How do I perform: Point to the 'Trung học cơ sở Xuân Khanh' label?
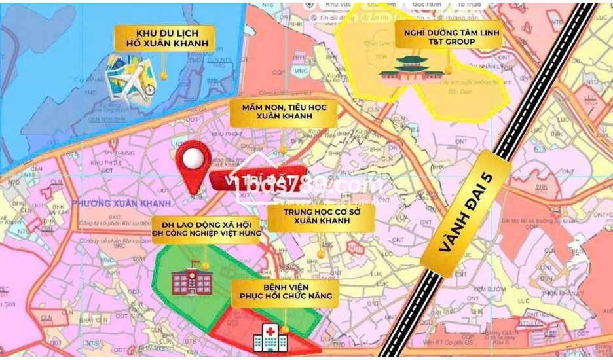pos(320,217)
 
